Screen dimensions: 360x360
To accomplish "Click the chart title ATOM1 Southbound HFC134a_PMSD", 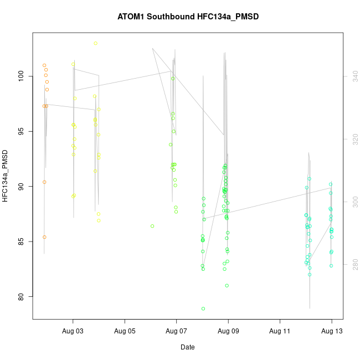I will click(188, 17).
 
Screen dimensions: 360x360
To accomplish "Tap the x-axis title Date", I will click(187, 347).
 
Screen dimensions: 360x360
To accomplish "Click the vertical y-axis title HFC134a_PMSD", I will click(6, 175).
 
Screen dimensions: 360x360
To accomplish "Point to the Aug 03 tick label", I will click(73, 331).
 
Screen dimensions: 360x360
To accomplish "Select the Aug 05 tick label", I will click(125, 331).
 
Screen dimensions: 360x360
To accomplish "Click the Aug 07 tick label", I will click(176, 331).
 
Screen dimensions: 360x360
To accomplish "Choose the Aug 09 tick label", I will click(228, 331).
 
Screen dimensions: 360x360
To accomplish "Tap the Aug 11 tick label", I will click(280, 331).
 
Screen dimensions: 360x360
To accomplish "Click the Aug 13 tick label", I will click(331, 331).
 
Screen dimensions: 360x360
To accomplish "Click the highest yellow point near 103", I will click(96, 43).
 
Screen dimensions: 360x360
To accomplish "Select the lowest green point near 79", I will click(203, 308).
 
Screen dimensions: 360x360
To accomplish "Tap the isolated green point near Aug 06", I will click(152, 226).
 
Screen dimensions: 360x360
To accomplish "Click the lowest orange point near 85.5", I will click(44, 237).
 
